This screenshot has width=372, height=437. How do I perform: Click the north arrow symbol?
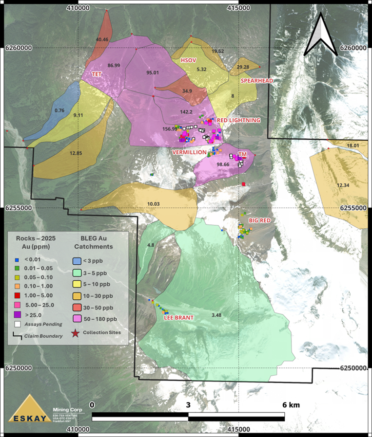(320, 34)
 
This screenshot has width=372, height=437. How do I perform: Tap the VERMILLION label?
(190, 152)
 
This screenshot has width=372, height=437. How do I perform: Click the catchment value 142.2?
(186, 111)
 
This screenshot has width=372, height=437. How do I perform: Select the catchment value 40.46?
(102, 39)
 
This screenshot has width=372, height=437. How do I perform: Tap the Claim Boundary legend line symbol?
(17, 335)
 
